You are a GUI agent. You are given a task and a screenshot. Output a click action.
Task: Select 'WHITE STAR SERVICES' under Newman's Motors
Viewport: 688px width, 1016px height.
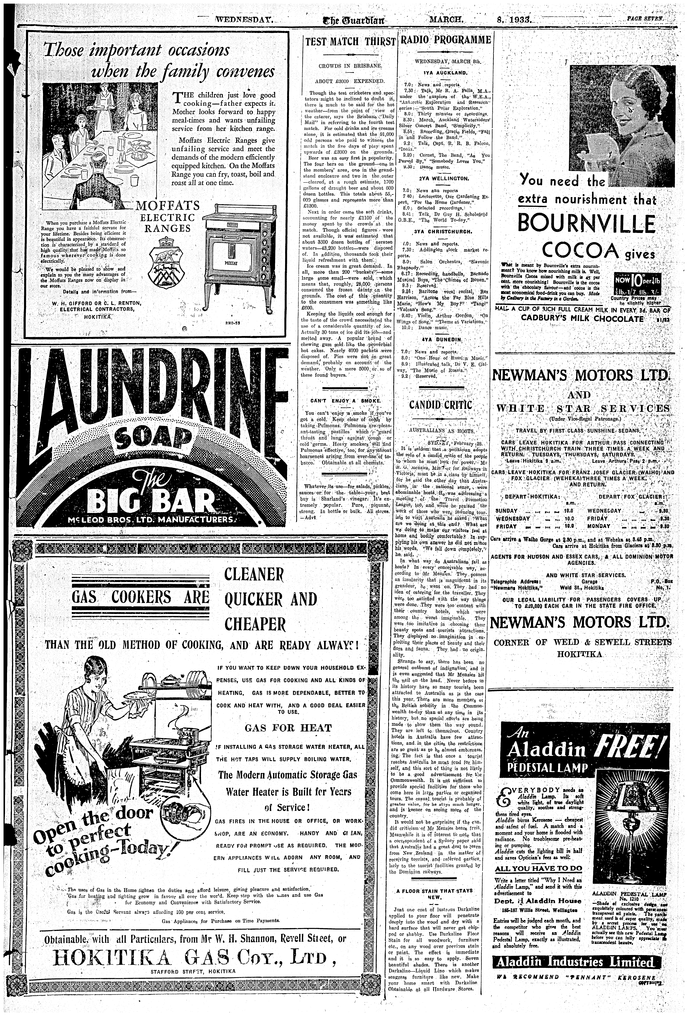click(583, 409)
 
